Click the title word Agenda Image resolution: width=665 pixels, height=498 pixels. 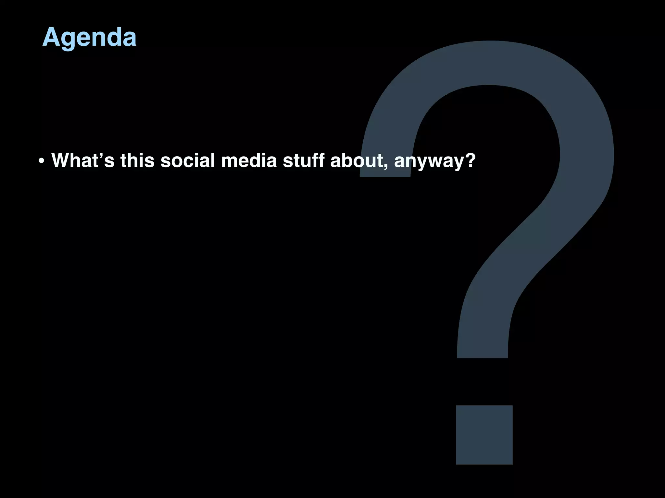click(89, 37)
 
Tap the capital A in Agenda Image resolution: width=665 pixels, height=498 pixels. click(52, 37)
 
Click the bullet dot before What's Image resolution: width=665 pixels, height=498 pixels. click(41, 161)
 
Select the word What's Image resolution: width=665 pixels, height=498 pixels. click(83, 160)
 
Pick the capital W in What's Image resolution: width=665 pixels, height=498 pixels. click(63, 160)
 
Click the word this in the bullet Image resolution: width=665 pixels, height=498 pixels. click(137, 160)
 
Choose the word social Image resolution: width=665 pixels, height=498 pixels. click(188, 160)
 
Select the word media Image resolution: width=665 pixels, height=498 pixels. click(249, 160)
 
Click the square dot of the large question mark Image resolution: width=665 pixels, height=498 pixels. click(484, 435)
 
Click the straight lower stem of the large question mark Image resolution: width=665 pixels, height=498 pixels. click(483, 337)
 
